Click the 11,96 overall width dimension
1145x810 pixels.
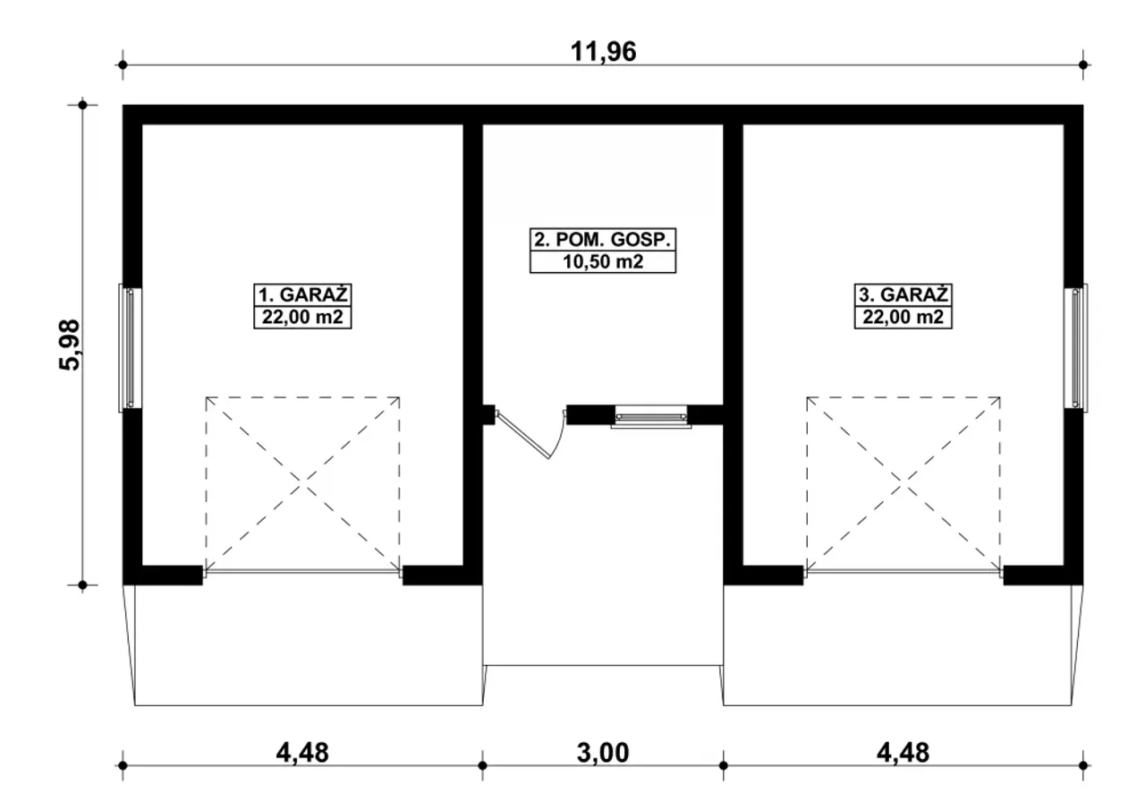[603, 52]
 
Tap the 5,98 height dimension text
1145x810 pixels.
[70, 345]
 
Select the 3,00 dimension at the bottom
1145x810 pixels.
[603, 753]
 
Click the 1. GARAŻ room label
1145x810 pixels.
[302, 295]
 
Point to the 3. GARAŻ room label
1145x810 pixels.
[903, 295]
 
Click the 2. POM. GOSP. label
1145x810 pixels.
[603, 239]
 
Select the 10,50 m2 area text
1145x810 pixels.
[603, 262]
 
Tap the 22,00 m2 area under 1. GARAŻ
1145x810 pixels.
[302, 317]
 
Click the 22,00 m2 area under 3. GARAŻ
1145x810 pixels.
[903, 317]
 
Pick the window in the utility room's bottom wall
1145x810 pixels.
[651, 416]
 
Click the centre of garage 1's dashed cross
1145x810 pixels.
[302, 482]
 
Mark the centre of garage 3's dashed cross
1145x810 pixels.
[903, 482]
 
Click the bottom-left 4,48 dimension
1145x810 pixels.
[302, 753]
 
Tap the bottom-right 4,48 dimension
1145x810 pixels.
[903, 753]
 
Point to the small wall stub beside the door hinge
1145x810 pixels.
[488, 414]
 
